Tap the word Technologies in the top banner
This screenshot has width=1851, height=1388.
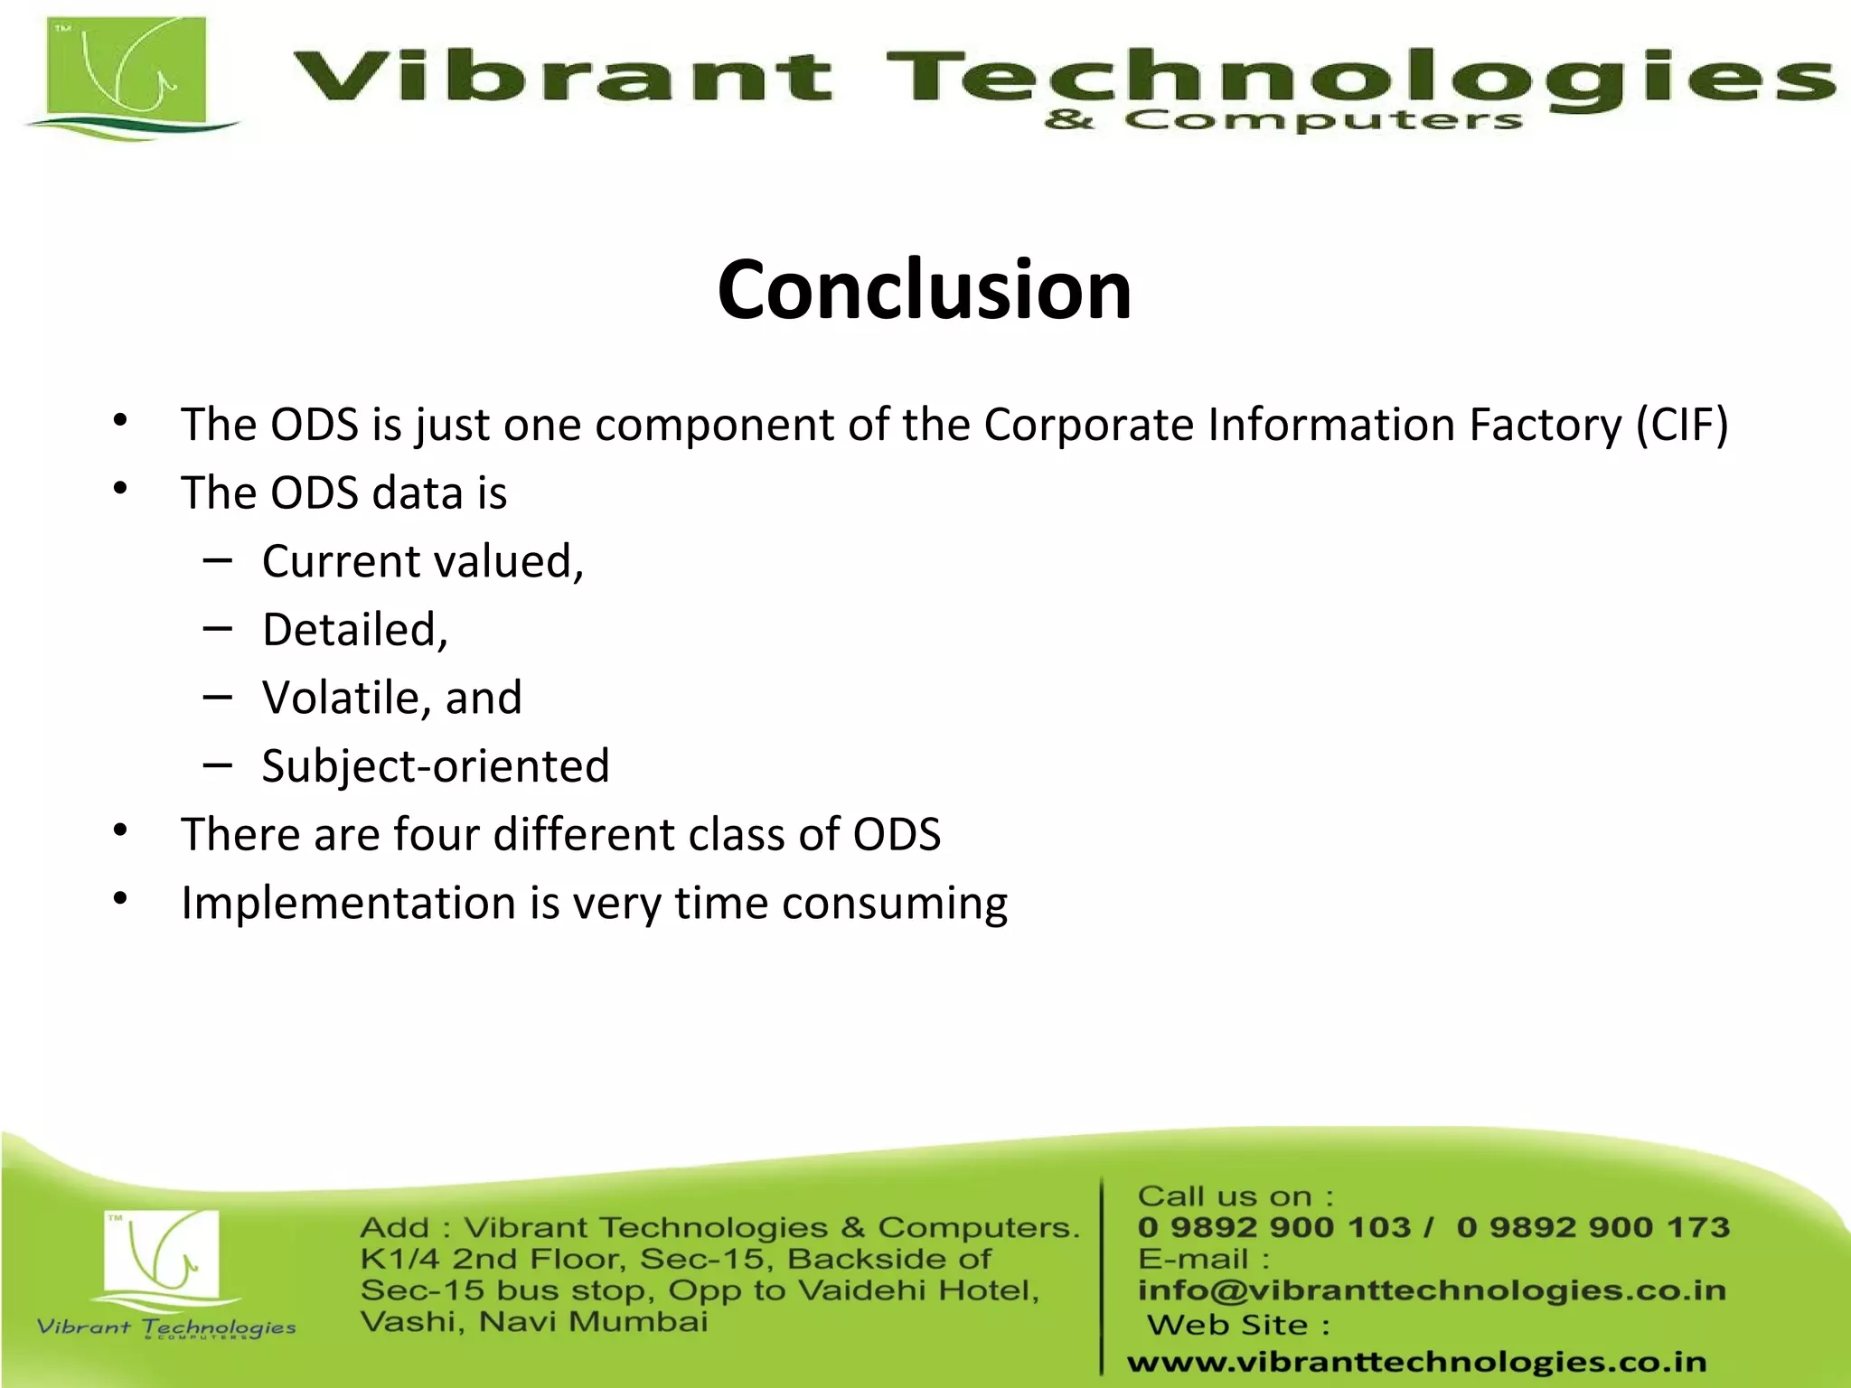coord(1356,77)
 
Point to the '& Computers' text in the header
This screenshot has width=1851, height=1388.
coord(1283,120)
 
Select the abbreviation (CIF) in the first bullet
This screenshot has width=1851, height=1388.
coord(1682,425)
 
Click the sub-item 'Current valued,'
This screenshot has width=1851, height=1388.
coord(423,561)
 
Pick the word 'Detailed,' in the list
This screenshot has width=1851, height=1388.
coord(355,630)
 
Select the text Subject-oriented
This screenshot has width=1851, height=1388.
coord(436,766)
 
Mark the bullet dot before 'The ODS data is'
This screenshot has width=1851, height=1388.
coord(121,489)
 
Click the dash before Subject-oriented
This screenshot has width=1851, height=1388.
coord(218,765)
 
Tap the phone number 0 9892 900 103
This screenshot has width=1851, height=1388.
coord(1273,1227)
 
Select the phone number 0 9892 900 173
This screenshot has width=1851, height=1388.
coord(1593,1227)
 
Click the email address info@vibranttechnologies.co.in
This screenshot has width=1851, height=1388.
coord(1432,1290)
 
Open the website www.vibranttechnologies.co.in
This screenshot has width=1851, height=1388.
coord(1416,1362)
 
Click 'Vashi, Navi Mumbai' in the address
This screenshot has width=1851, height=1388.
coord(533,1322)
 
